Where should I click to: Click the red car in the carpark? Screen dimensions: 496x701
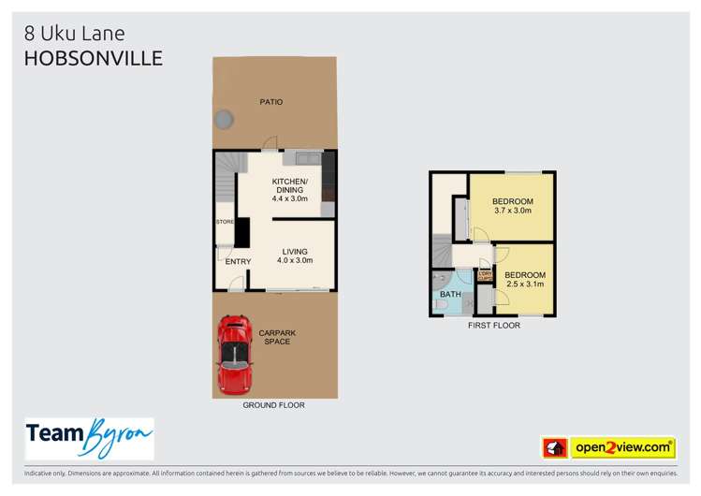click(234, 355)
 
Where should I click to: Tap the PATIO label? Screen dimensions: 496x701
click(271, 102)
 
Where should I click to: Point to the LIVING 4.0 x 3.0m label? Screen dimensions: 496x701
click(295, 255)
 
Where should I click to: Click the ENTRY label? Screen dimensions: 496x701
click(239, 262)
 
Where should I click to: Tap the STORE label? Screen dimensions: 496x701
click(224, 222)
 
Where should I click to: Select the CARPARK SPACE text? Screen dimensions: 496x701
click(277, 338)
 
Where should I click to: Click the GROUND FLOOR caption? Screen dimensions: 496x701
click(272, 405)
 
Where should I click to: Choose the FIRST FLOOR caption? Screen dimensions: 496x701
click(493, 326)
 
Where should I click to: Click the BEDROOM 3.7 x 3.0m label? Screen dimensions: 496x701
click(512, 206)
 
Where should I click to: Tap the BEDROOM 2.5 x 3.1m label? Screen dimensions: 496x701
click(525, 279)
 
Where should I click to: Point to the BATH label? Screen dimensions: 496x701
click(450, 295)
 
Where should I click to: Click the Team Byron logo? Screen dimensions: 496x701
click(89, 438)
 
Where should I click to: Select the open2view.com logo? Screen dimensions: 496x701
click(621, 447)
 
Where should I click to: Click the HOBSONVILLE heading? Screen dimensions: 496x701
click(94, 58)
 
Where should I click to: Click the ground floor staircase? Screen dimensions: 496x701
click(225, 177)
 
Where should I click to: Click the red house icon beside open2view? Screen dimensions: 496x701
click(553, 448)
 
